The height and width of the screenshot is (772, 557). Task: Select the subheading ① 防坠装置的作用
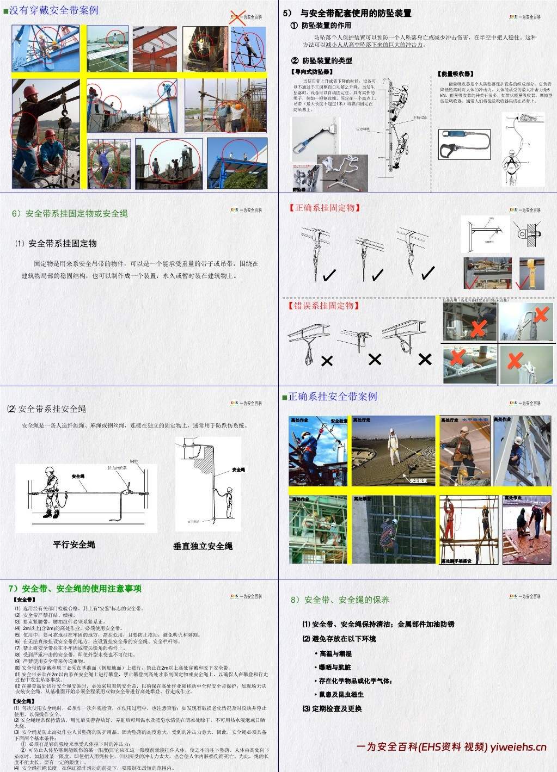(321, 26)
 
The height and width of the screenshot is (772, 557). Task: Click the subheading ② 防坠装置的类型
(321, 60)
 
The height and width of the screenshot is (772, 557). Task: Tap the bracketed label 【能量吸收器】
(456, 73)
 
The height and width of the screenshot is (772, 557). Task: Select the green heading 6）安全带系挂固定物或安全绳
(70, 213)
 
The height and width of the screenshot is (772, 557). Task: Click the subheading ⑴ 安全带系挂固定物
(56, 243)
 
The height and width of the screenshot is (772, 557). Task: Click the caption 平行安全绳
(74, 544)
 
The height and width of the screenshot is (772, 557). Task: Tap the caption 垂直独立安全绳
(203, 546)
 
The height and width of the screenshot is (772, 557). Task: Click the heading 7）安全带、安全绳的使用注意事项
(75, 588)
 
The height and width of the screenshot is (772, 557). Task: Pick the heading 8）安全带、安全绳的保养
(340, 600)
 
